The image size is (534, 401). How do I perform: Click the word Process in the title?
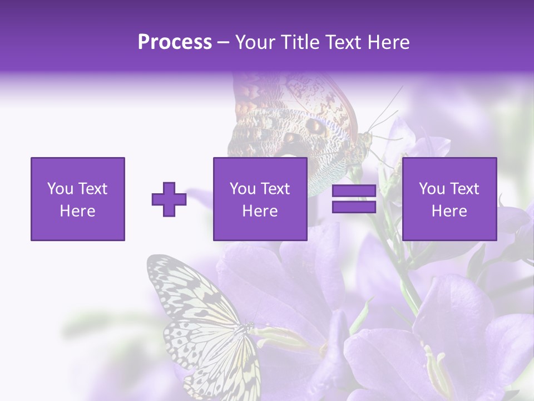175,42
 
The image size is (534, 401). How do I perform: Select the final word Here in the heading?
389,42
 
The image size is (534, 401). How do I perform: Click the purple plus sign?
169,199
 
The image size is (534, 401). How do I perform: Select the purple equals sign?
354,199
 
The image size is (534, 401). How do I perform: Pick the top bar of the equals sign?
354,191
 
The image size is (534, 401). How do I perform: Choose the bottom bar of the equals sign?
354,207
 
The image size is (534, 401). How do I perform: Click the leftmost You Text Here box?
77,199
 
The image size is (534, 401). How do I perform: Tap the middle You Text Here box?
260,199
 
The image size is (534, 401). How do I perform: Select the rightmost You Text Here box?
449,199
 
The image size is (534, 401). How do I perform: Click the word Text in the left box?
92,189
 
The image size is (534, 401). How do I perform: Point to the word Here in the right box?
449,211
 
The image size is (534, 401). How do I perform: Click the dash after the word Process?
224,43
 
